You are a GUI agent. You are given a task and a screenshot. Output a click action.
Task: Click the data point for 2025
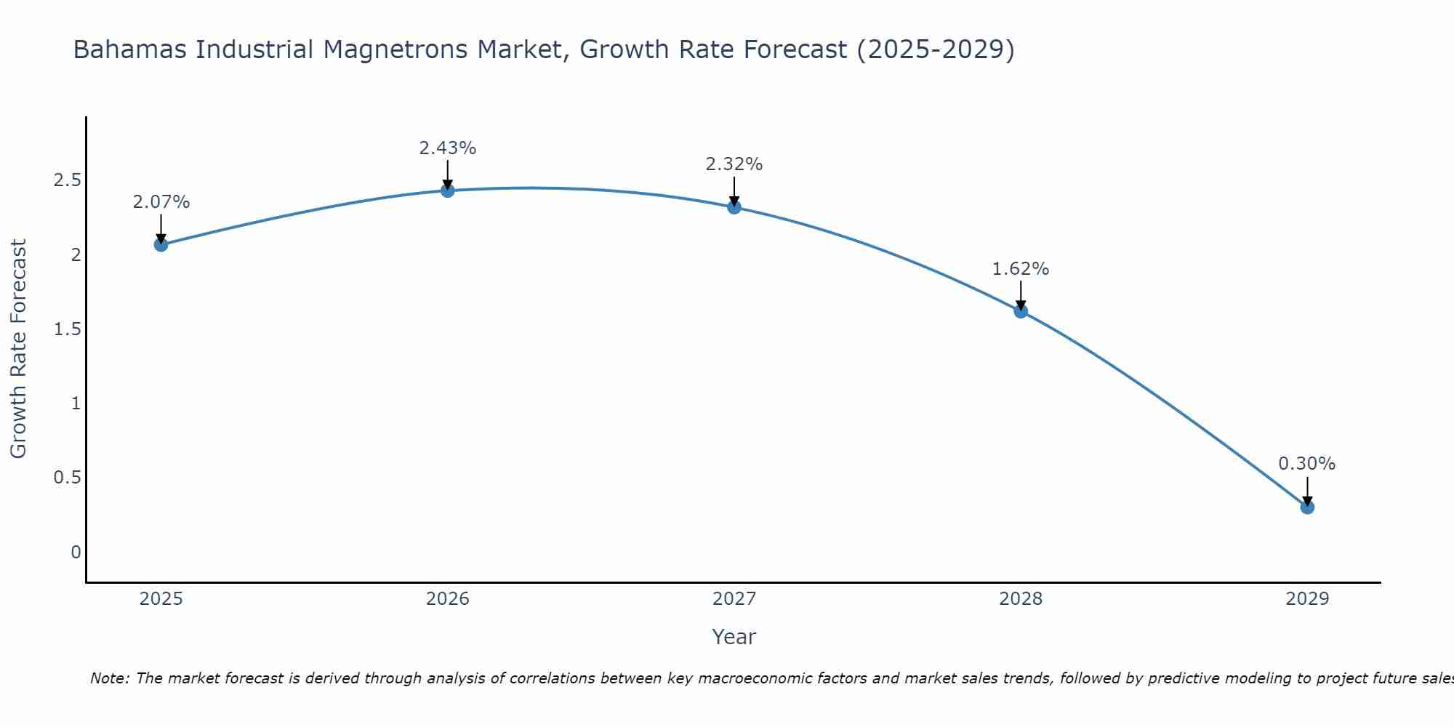[161, 245]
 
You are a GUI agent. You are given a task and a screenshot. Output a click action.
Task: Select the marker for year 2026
[448, 190]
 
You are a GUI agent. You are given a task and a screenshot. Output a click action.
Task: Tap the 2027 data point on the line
[734, 207]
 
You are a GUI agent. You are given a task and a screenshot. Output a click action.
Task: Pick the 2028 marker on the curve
[1021, 311]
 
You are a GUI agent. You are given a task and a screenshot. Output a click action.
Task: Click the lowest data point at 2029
[1307, 507]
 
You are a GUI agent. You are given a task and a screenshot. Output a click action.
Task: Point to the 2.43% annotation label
[448, 148]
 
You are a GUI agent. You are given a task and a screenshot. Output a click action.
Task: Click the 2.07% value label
[161, 202]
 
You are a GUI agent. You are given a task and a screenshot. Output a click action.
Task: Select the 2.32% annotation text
[734, 164]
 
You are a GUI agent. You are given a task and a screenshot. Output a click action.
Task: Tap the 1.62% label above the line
[1021, 269]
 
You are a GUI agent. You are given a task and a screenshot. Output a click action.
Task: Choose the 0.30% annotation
[1307, 464]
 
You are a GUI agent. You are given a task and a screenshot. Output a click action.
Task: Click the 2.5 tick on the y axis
[67, 180]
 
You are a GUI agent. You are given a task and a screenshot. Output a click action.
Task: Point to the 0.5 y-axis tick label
[67, 478]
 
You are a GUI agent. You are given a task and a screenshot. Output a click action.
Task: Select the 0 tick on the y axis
[76, 553]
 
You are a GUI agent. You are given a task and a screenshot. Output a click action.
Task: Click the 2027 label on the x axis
[734, 599]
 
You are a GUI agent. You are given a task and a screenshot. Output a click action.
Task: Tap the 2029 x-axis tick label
[1307, 599]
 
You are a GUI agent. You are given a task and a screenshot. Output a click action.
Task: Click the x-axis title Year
[734, 637]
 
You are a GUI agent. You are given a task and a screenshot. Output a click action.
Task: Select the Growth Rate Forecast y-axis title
[18, 349]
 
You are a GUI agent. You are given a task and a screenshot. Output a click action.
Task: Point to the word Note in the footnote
[109, 678]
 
